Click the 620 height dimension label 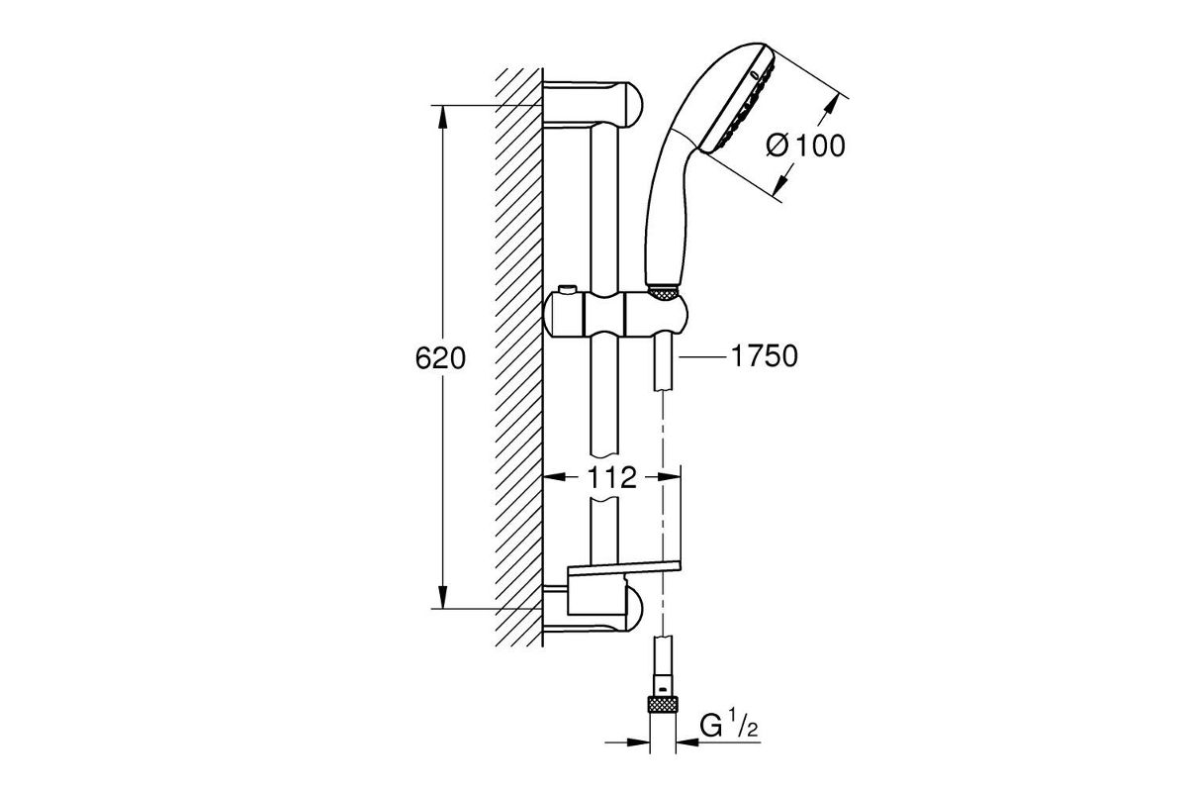pos(440,358)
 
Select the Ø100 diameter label pos(805,146)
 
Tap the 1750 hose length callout pos(764,356)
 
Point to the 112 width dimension pos(611,477)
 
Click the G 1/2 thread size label pos(729,726)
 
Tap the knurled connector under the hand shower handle pos(663,294)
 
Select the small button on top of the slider pos(567,290)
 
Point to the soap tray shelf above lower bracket pos(624,567)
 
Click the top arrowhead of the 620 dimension pos(443,117)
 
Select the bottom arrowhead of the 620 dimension pos(443,597)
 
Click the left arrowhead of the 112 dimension pos(555,477)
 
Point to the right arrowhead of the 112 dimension pos(669,477)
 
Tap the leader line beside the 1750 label pos(702,357)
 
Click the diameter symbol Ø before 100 pos(777,146)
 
